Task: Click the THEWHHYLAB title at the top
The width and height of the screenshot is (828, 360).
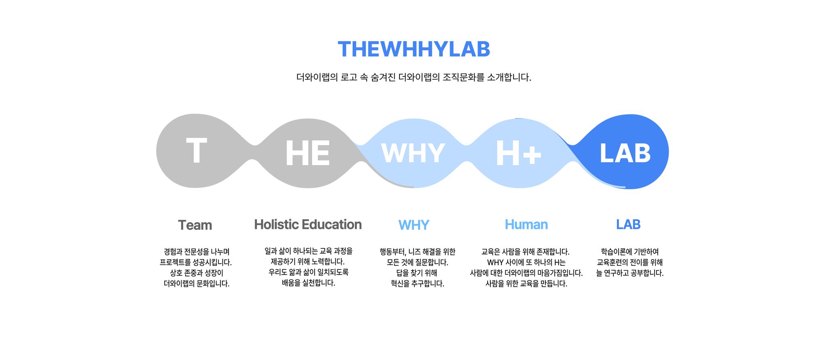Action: tap(414, 49)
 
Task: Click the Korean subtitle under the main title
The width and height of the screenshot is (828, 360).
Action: tap(414, 77)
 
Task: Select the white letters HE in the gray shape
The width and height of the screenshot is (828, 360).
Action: tap(308, 153)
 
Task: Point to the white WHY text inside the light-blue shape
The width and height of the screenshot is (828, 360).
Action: tap(413, 153)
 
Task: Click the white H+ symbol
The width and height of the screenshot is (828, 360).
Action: tap(518, 153)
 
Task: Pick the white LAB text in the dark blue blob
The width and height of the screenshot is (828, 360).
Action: tap(625, 153)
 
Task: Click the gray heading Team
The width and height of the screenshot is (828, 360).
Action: tap(195, 225)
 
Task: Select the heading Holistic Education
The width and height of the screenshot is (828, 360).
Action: tap(308, 224)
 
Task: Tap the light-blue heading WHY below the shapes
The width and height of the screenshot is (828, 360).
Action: tap(414, 225)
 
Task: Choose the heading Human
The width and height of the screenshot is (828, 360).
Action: tap(526, 224)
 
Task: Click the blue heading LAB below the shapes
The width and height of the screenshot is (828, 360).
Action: tap(628, 224)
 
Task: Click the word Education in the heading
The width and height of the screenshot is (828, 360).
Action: tap(332, 224)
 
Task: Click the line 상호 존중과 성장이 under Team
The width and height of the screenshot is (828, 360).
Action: tap(196, 273)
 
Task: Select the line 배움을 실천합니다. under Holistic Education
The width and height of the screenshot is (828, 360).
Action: tap(308, 283)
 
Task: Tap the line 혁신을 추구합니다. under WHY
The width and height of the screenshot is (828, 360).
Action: tap(417, 284)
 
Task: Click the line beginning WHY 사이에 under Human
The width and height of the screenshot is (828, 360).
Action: tap(526, 263)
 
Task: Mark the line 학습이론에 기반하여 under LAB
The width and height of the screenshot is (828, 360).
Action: tap(629, 252)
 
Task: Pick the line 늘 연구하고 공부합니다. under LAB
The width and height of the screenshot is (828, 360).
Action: tap(629, 273)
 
